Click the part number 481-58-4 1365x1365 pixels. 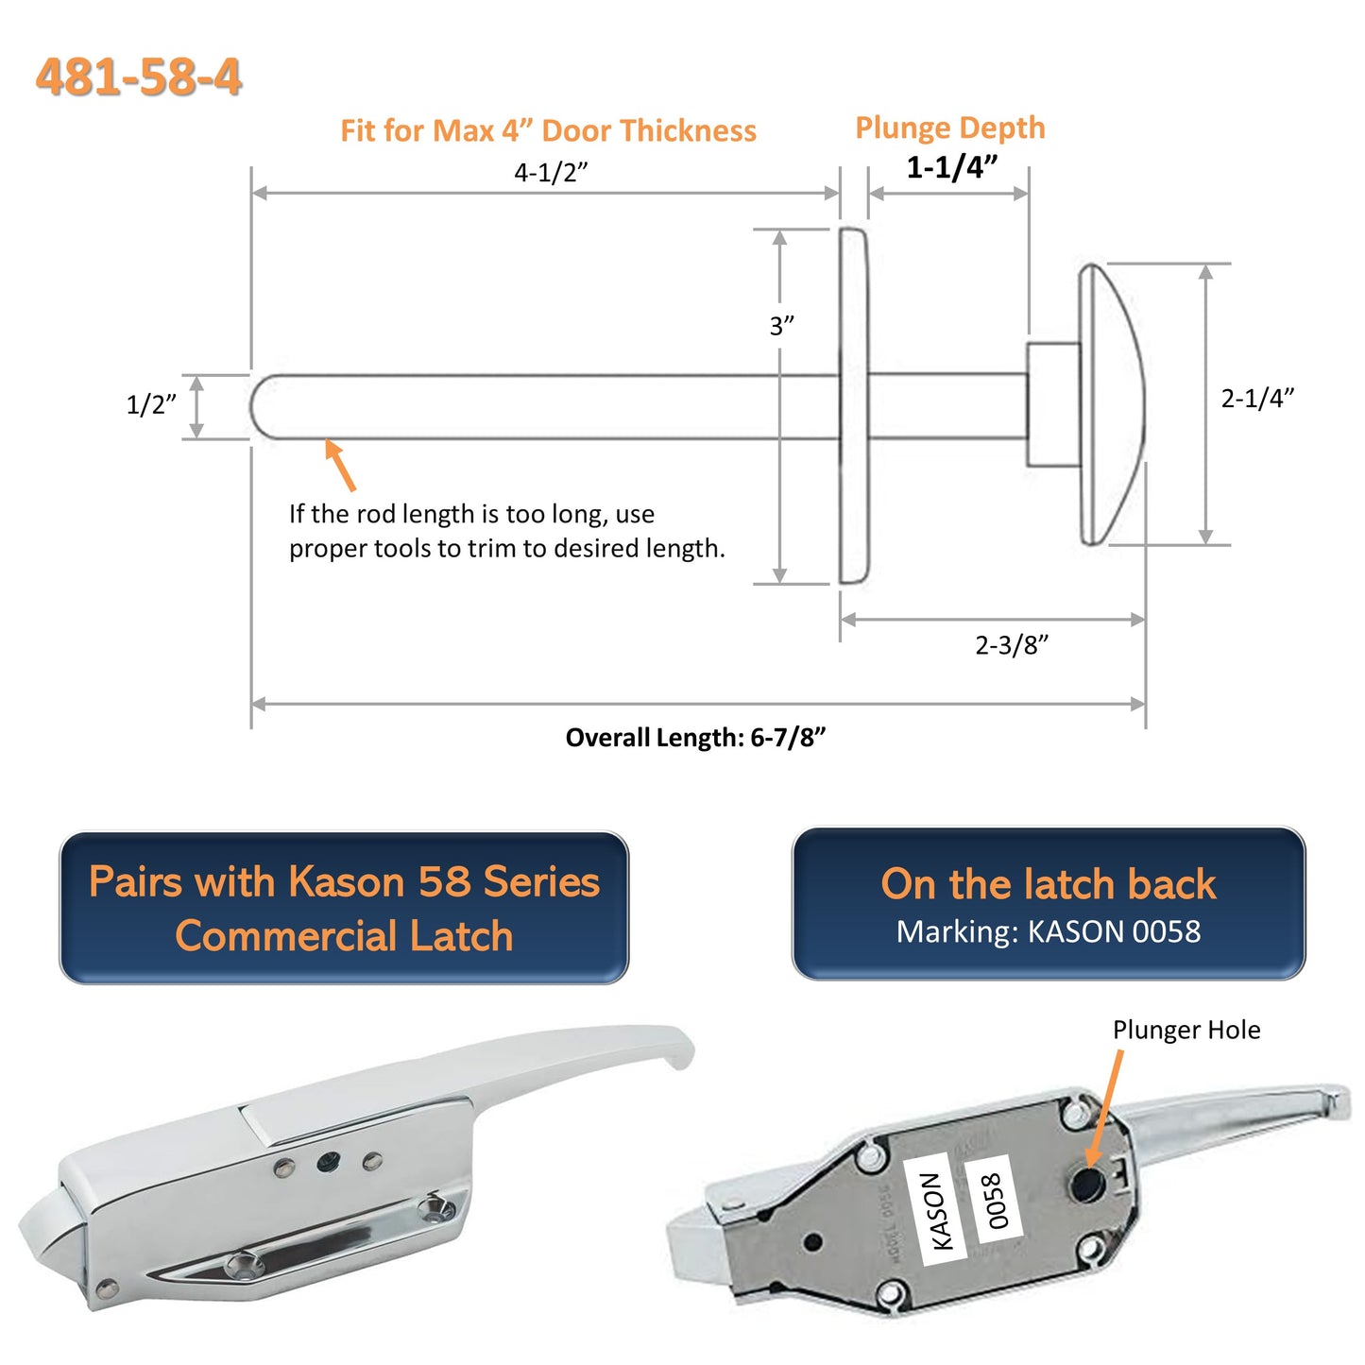[139, 77]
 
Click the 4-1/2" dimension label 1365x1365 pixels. [551, 173]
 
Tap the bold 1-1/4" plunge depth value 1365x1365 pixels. [951, 167]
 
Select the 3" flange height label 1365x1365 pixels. [781, 326]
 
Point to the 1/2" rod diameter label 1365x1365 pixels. [151, 404]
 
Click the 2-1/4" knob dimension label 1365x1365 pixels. [1256, 398]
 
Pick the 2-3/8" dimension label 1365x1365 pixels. [1011, 645]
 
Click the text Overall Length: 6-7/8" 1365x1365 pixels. [695, 738]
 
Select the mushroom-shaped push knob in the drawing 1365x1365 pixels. [1113, 404]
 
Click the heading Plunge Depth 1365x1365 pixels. [950, 128]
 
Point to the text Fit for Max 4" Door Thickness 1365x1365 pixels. [548, 130]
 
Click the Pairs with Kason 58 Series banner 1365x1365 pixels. [344, 908]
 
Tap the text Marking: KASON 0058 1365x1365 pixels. [1048, 932]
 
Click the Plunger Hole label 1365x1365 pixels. [1186, 1030]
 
